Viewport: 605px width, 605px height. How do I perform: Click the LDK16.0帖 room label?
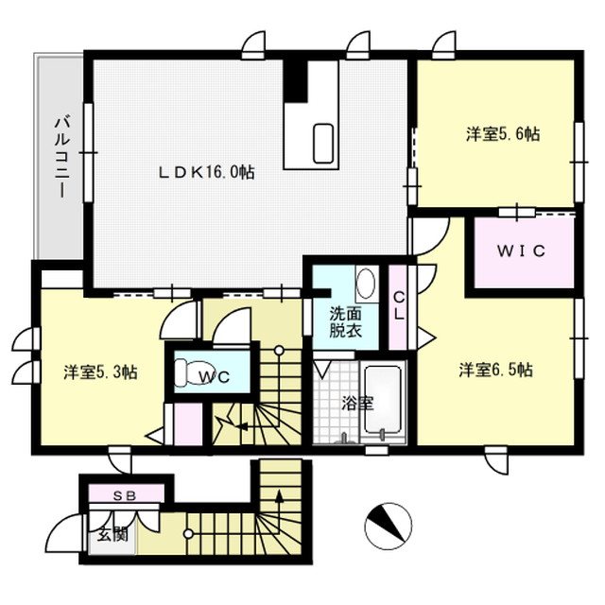point(206,172)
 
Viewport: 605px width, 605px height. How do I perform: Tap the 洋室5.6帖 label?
point(502,134)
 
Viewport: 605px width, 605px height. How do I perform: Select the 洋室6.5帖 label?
point(495,370)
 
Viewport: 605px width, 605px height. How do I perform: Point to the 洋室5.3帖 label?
point(101,372)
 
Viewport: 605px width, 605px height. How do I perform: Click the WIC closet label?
point(523,252)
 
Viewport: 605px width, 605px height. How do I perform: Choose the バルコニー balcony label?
point(60,156)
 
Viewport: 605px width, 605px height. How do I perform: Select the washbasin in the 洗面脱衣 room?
point(365,284)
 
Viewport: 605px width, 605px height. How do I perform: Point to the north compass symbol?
point(389,523)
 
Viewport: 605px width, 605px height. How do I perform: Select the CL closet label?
point(398,305)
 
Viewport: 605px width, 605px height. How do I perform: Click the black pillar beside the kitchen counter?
point(297,79)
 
